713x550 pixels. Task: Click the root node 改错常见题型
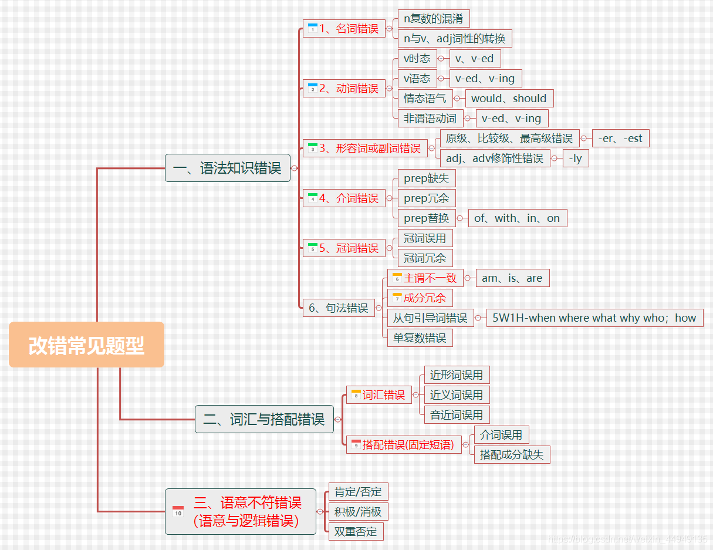coord(86,345)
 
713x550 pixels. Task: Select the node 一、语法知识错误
coord(227,168)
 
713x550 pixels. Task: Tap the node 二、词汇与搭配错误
coord(263,419)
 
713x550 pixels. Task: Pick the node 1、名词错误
coord(344,29)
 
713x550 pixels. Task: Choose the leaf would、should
coord(509,99)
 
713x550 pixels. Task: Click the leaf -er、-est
coord(620,139)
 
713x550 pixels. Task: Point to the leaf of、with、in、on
coord(517,218)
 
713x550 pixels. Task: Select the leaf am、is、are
coord(512,278)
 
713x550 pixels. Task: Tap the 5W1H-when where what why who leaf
coord(594,318)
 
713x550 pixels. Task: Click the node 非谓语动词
coord(430,119)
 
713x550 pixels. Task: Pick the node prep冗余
coord(426,198)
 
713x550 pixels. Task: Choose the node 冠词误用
coord(425,238)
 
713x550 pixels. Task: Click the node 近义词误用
coord(457,395)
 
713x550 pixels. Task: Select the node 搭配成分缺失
coord(512,454)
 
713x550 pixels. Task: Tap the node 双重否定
coord(356,532)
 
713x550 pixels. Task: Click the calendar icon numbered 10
coord(178,512)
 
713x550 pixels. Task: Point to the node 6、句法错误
coord(339,308)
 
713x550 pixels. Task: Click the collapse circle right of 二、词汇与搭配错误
coord(337,419)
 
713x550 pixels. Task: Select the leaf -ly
coord(575,158)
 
